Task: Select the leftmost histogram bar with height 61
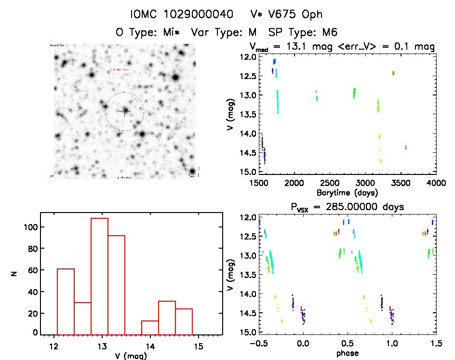[x=66, y=301]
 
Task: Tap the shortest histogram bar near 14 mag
[x=150, y=327]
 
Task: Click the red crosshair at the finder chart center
[x=124, y=111]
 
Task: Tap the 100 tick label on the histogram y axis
[x=29, y=227]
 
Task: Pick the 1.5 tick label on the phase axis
[x=436, y=344]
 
